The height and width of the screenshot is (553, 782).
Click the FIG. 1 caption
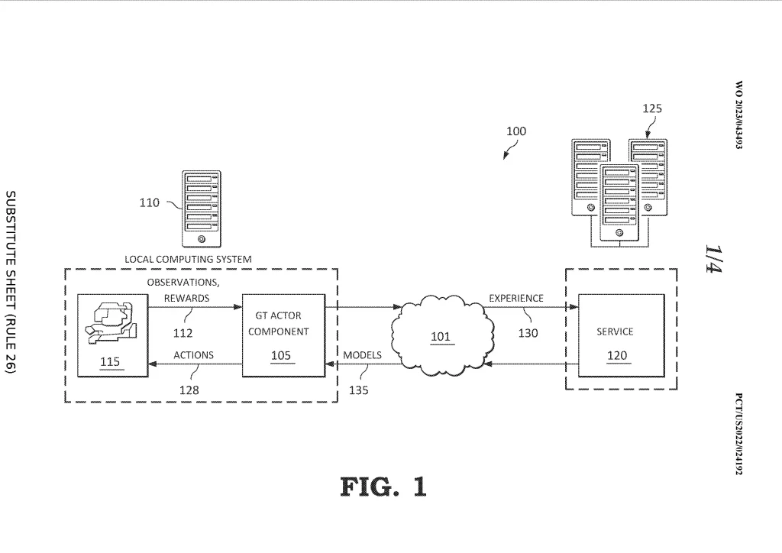coord(383,487)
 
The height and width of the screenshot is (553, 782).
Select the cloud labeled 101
coord(440,336)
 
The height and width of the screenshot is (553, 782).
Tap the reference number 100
coord(516,131)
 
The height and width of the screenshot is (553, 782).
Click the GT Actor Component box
coord(283,335)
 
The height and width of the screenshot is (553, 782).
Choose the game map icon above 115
coord(111,324)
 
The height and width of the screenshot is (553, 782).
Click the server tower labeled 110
coord(201,207)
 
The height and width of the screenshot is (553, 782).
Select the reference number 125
coord(651,108)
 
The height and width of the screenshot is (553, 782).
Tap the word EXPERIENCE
coord(516,298)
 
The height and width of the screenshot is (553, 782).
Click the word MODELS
coord(362,355)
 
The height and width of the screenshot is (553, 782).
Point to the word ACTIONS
coord(193,355)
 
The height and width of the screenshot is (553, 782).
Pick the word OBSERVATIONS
coord(183,283)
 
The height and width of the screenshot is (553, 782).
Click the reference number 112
coord(183,333)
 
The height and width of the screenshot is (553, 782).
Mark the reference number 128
coord(189,390)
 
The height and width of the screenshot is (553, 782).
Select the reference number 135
coord(357,390)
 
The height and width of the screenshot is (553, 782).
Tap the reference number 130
coord(528,333)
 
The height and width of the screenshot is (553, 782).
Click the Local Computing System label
coord(188,259)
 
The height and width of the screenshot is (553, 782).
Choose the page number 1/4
coord(713,260)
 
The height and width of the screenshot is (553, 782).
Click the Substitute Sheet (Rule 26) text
coord(12,282)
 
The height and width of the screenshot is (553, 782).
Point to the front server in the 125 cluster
coord(619,203)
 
